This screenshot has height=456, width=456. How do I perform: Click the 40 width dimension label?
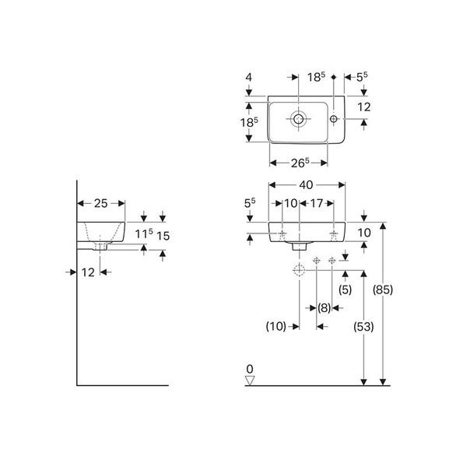[306, 185]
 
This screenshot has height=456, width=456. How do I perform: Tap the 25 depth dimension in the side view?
[100, 203]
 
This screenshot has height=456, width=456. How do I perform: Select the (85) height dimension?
[383, 289]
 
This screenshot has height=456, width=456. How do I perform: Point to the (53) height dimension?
[363, 327]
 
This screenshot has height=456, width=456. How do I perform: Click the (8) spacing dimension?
[324, 307]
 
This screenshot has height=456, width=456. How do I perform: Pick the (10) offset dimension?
[276, 326]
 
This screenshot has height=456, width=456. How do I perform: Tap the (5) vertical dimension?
[346, 289]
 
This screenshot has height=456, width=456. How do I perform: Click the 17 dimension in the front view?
[317, 203]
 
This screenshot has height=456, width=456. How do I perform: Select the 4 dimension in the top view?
[249, 77]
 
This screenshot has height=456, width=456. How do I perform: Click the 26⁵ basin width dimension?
[300, 163]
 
